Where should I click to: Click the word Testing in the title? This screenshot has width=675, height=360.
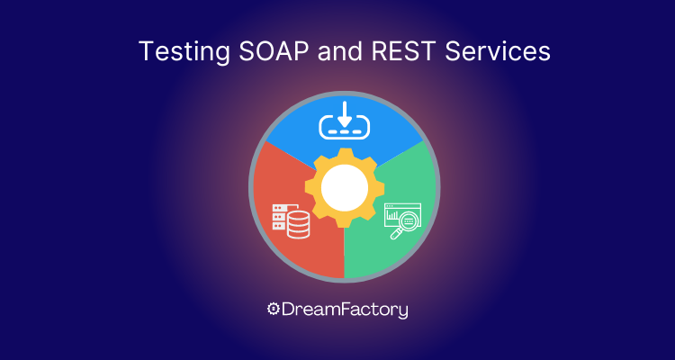pyautogui.click(x=184, y=52)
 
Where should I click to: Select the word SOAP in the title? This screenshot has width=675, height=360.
pyautogui.click(x=274, y=51)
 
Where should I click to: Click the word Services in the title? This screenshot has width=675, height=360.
pyautogui.click(x=498, y=51)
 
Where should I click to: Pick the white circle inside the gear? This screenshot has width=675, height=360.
pyautogui.click(x=345, y=188)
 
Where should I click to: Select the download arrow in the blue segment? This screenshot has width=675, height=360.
pyautogui.click(x=345, y=114)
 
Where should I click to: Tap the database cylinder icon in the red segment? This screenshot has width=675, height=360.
pyautogui.click(x=298, y=224)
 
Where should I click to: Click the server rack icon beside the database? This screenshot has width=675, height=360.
pyautogui.click(x=280, y=218)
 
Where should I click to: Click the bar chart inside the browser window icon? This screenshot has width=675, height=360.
pyautogui.click(x=391, y=214)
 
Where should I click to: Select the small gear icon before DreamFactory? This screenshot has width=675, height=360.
pyautogui.click(x=273, y=309)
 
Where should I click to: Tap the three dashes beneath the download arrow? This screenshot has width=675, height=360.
pyautogui.click(x=345, y=130)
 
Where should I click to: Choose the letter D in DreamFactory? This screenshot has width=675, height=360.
pyautogui.click(x=288, y=310)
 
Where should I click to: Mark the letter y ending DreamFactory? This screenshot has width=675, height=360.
pyautogui.click(x=402, y=311)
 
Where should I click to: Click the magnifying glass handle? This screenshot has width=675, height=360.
pyautogui.click(x=394, y=235)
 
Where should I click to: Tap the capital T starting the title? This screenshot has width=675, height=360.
pyautogui.click(x=148, y=51)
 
